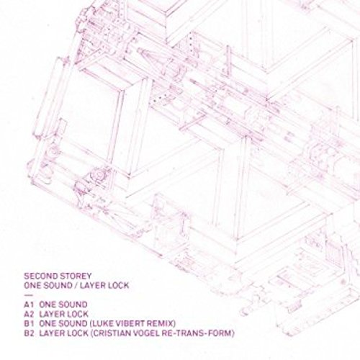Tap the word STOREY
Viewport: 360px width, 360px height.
tap(76, 276)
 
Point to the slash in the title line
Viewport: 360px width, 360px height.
tap(76, 286)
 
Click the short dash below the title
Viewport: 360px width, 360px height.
tap(28, 295)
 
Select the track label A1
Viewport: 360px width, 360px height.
tap(28, 305)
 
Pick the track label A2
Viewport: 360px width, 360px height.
tap(29, 314)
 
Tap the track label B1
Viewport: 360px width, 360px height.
tap(28, 324)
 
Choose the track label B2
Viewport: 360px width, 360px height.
tap(29, 333)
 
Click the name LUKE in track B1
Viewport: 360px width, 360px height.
tap(101, 324)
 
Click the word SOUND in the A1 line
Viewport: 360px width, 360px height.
tap(72, 305)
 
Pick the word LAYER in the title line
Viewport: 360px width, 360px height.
tap(92, 286)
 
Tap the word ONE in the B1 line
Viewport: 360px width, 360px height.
tap(47, 324)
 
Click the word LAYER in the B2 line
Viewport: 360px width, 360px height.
tap(51, 333)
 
